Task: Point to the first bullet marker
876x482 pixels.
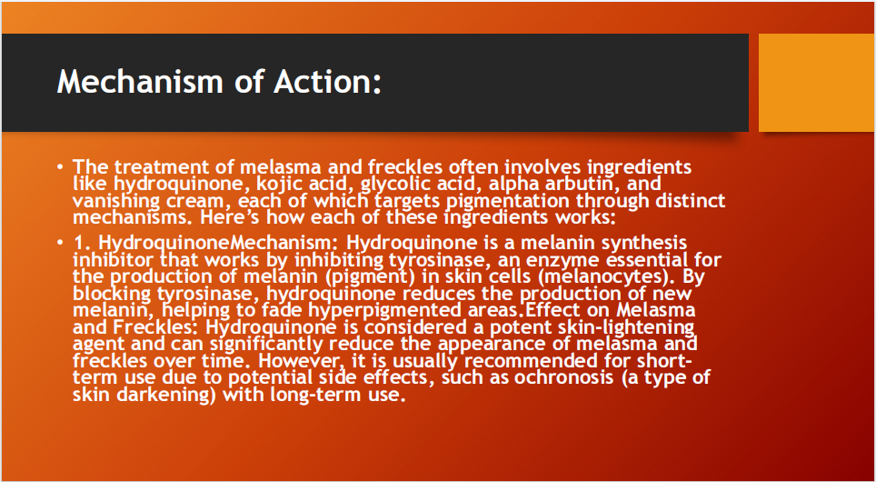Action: tap(60, 167)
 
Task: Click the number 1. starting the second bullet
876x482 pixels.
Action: tap(81, 244)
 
